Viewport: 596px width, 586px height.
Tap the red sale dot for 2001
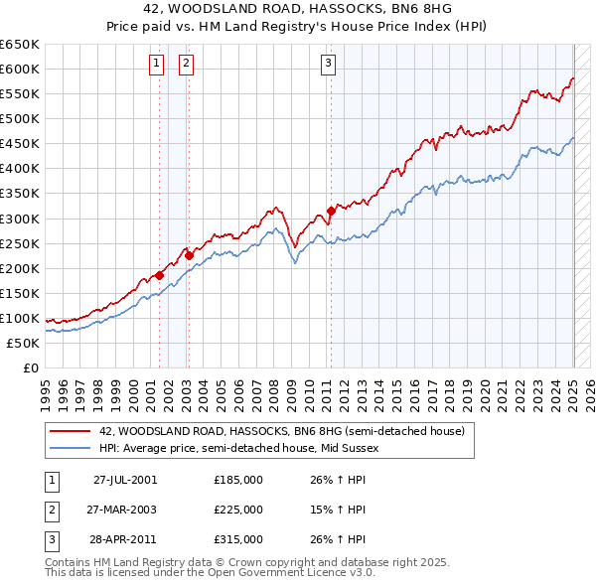(x=159, y=275)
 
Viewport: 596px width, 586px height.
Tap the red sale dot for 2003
(x=189, y=255)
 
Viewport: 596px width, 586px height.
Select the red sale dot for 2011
(x=331, y=211)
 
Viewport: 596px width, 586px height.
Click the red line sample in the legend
(x=70, y=431)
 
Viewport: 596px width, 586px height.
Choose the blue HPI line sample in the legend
(x=70, y=448)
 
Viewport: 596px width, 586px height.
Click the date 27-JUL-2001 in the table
(x=125, y=480)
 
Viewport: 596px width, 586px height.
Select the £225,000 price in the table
(x=238, y=510)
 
